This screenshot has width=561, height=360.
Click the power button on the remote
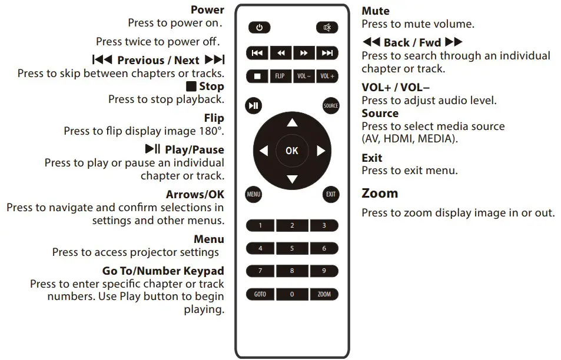coord(260,28)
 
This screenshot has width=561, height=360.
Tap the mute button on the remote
coord(327,28)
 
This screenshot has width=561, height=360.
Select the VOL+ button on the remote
coord(327,76)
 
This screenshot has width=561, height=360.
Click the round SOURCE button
coord(331,106)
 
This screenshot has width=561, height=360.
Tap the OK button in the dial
coord(292,151)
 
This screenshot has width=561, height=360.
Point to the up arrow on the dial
coord(292,123)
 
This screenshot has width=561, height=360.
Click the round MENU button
coord(254,195)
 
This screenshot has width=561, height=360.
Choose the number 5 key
coord(292,249)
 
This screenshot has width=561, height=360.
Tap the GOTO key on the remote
coord(260,294)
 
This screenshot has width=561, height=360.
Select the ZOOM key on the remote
coord(324,294)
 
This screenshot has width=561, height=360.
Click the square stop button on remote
coord(257,76)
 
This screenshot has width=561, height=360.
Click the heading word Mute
coord(376,11)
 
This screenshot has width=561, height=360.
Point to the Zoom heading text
coord(380,194)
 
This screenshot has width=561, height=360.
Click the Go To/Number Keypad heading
coord(163,271)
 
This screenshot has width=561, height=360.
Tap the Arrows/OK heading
coord(195,194)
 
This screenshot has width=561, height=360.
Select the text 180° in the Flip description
coord(213,131)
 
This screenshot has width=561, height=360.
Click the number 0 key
coord(292,294)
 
